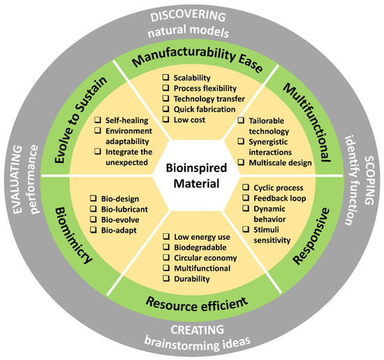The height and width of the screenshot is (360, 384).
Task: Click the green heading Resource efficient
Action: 193,303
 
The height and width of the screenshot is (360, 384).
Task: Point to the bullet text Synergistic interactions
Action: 283,148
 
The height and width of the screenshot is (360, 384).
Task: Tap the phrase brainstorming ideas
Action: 191,344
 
